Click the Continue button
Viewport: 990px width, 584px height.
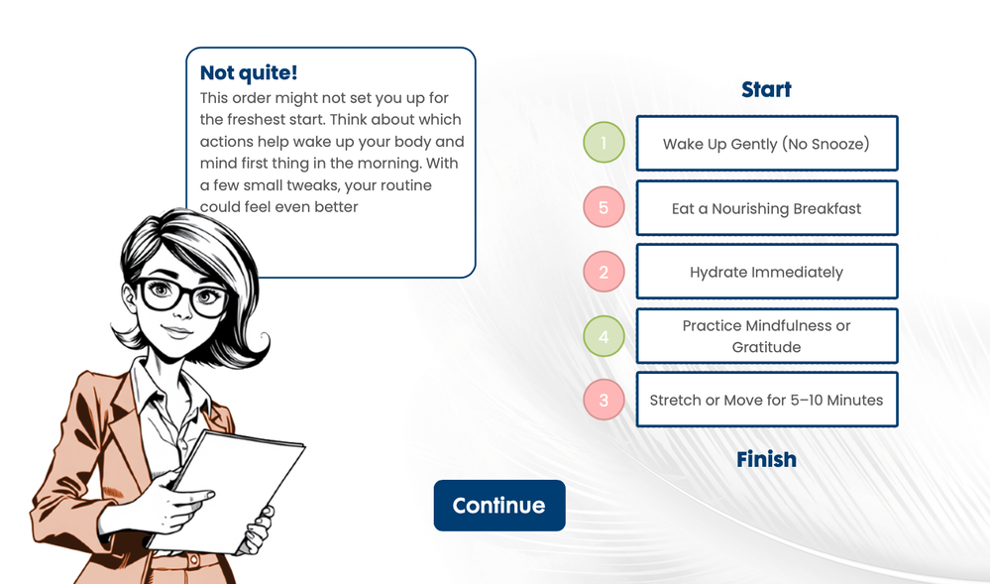click(x=499, y=506)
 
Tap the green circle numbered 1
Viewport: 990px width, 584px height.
click(x=604, y=142)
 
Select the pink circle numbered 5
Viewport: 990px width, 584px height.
click(x=604, y=206)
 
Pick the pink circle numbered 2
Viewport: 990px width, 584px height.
click(x=604, y=272)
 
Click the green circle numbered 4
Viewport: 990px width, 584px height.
click(x=604, y=336)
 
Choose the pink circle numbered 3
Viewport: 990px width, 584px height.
click(x=604, y=400)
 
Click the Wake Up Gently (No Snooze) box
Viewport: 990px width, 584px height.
click(x=766, y=144)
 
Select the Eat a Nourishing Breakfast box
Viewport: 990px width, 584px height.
click(x=766, y=208)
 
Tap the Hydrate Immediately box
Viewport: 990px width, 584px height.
click(x=766, y=272)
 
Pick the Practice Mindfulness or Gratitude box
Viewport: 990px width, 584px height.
click(x=766, y=336)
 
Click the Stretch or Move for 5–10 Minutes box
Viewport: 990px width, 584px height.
click(x=766, y=400)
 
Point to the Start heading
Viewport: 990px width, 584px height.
click(x=766, y=90)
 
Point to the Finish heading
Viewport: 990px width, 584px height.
click(x=766, y=459)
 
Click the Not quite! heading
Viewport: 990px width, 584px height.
click(x=249, y=72)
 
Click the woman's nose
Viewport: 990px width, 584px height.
click(x=183, y=309)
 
